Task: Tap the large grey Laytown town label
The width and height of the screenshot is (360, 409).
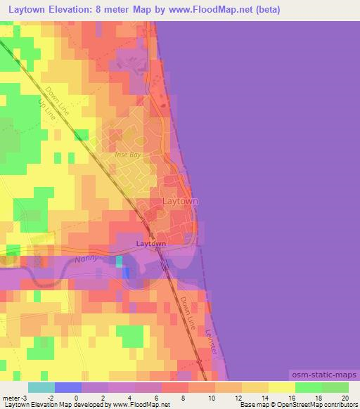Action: [180, 201]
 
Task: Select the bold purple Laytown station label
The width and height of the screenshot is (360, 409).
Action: [150, 244]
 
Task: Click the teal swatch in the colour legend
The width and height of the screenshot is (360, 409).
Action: [41, 387]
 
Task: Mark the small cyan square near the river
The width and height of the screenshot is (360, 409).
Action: [119, 261]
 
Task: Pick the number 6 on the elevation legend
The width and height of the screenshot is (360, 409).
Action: [156, 397]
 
